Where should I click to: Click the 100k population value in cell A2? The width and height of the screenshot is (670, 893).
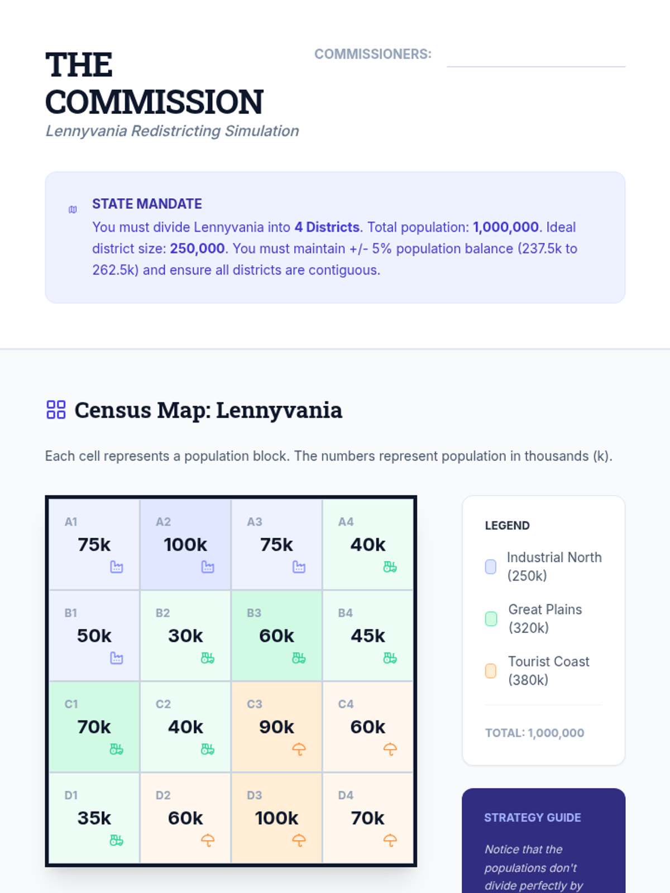coord(185,544)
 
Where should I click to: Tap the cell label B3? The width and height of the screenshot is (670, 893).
coord(254,613)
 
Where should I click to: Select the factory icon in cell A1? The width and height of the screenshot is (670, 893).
coord(116,567)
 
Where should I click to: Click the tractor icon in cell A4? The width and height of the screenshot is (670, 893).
coord(390,567)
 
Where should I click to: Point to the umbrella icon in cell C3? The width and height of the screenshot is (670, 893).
coord(299,749)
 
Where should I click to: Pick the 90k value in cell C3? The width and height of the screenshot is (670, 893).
coord(276,727)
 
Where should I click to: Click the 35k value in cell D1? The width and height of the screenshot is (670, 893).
coord(94,818)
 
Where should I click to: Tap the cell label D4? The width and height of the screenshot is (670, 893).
coord(346,795)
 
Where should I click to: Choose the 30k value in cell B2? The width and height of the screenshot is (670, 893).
coord(185,636)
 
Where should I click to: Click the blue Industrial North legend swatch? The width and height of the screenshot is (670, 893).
coord(491,566)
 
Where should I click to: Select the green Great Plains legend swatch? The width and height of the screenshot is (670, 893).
coord(491,618)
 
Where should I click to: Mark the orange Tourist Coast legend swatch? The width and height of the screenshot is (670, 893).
coord(491,670)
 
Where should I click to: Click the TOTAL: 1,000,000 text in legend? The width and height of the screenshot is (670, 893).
coord(534,733)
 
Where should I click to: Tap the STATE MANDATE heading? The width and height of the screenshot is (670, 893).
coord(147,204)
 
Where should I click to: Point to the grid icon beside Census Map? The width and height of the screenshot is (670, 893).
coord(56,410)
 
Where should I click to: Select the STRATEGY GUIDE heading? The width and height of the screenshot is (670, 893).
coord(532,818)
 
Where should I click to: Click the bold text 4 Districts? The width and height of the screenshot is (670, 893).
coord(327,227)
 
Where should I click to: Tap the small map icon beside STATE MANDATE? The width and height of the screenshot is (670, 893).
coord(73,210)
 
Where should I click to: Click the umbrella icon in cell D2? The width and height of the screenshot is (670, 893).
coord(207,840)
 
